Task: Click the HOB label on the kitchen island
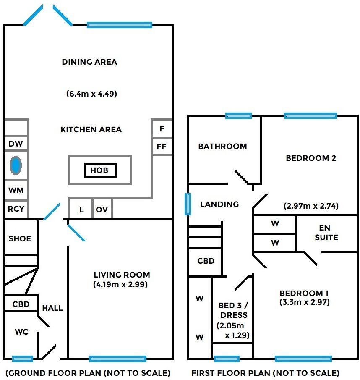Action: [x=100, y=170]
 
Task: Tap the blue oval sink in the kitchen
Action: [x=16, y=165]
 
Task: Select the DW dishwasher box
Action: [x=16, y=144]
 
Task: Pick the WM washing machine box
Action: [x=16, y=190]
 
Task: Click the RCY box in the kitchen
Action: [x=16, y=209]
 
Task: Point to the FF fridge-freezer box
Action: [x=162, y=147]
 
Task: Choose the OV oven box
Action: [x=102, y=210]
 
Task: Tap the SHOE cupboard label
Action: [x=20, y=238]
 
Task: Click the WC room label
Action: [x=21, y=332]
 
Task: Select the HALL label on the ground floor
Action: [x=52, y=308]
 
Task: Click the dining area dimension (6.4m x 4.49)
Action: [x=91, y=94]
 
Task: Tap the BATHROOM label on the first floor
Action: [x=222, y=147]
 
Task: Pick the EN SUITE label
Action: [x=326, y=233]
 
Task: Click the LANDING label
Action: [x=219, y=204]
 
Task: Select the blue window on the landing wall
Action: [x=188, y=204]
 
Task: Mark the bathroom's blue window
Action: [x=238, y=115]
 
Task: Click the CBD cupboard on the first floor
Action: [x=206, y=261]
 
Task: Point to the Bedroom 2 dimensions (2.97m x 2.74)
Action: [x=311, y=206]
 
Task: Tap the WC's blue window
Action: [x=23, y=359]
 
